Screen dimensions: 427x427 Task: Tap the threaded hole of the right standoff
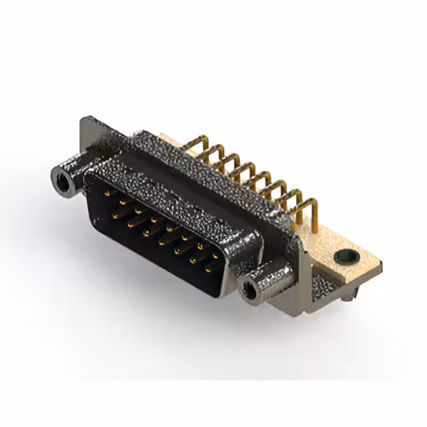coord(252,290)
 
